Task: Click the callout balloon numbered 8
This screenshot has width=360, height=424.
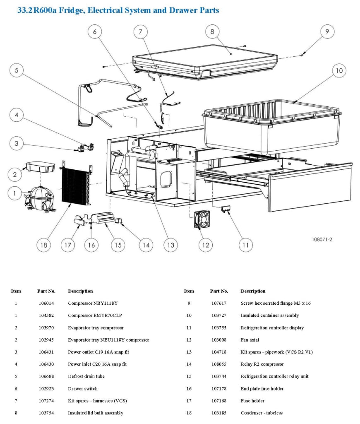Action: point(212,32)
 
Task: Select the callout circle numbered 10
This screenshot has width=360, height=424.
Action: point(339,71)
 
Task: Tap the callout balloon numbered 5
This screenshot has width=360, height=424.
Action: point(17,71)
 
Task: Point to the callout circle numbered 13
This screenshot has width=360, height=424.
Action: point(170,245)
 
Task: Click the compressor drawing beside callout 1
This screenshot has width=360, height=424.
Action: point(39,198)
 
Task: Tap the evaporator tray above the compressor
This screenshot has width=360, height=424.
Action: point(40,168)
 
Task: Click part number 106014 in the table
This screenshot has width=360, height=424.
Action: point(46,303)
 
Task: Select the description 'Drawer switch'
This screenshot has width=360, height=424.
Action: point(83,388)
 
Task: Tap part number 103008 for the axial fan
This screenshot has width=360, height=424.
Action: point(219,340)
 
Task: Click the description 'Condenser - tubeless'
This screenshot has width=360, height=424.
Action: point(262,413)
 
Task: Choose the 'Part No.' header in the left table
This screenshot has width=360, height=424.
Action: point(46,291)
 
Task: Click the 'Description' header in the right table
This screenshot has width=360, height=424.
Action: point(253,291)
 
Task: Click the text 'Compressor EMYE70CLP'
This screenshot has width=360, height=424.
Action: point(95,316)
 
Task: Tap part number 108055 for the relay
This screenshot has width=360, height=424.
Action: point(219,364)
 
